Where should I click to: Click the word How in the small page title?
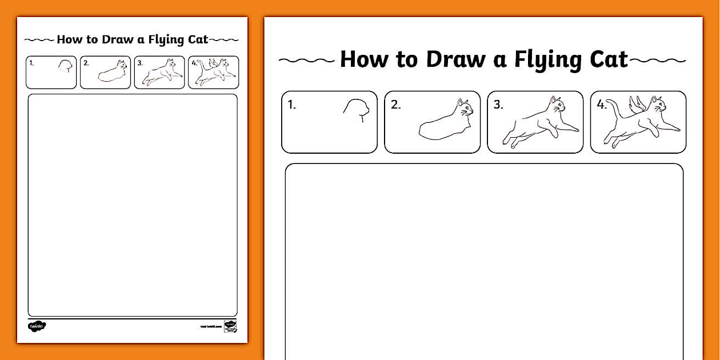pyautogui.click(x=69, y=39)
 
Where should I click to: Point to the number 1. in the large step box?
pyautogui.click(x=292, y=105)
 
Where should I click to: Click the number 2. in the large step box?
pyautogui.click(x=395, y=105)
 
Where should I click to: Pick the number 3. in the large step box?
pyautogui.click(x=498, y=105)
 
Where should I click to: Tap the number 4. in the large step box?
pyautogui.click(x=601, y=105)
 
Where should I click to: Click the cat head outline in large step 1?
pyautogui.click(x=356, y=110)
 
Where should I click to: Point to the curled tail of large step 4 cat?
pyautogui.click(x=613, y=109)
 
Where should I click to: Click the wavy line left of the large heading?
pyautogui.click(x=306, y=60)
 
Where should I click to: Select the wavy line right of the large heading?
pyautogui.click(x=658, y=60)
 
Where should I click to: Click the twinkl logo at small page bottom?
pyautogui.click(x=37, y=326)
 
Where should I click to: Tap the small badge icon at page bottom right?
pyautogui.click(x=230, y=326)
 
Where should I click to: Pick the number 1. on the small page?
pyautogui.click(x=31, y=63)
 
